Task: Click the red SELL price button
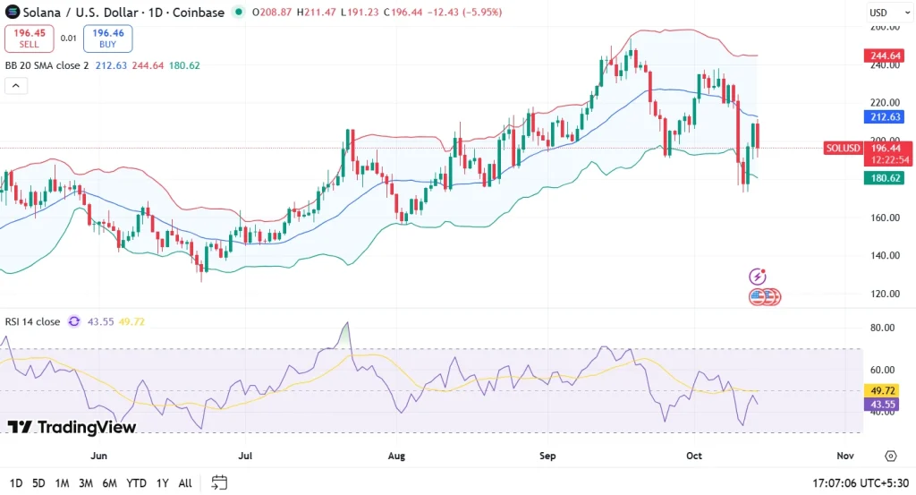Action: (29, 38)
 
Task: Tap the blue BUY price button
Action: (107, 38)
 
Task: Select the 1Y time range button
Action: (161, 483)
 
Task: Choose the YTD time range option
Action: (136, 483)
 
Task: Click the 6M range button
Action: (109, 483)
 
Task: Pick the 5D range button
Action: (38, 483)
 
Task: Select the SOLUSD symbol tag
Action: (843, 148)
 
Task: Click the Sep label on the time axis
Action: (547, 456)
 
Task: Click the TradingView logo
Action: (72, 427)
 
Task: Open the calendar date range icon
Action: (218, 483)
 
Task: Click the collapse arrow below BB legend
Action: (16, 86)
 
